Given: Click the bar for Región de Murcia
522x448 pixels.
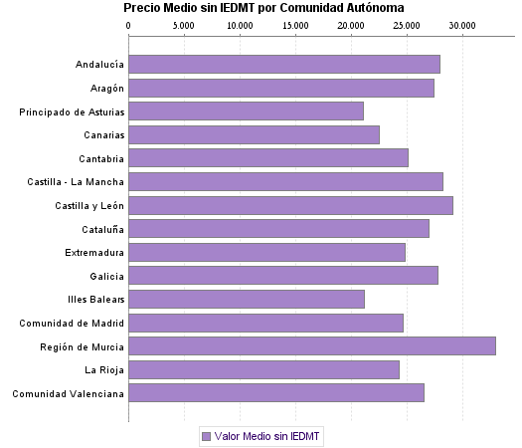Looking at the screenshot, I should click(x=311, y=346).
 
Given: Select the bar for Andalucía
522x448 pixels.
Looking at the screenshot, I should click(x=283, y=65).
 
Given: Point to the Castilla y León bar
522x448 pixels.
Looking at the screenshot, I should click(x=290, y=205).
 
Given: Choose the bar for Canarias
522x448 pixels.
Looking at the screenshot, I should click(x=254, y=135).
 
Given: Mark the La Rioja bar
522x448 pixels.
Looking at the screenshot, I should click(x=263, y=370).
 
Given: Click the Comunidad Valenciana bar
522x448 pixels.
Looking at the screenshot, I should click(x=275, y=393).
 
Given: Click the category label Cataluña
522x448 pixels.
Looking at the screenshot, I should click(x=101, y=229).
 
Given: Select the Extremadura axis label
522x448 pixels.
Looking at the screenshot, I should click(x=94, y=253).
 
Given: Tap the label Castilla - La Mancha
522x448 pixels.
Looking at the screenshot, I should click(x=76, y=182).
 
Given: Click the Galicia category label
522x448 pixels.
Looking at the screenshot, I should click(x=105, y=276).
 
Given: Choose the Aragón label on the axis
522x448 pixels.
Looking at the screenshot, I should click(x=104, y=89).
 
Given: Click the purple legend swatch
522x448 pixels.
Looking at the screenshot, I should click(x=207, y=436).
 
